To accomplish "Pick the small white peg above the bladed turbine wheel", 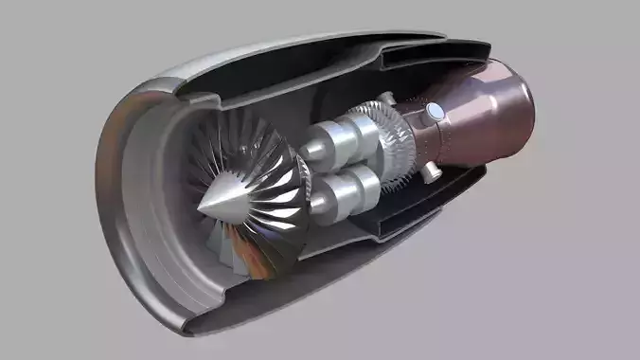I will tap(386, 98).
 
